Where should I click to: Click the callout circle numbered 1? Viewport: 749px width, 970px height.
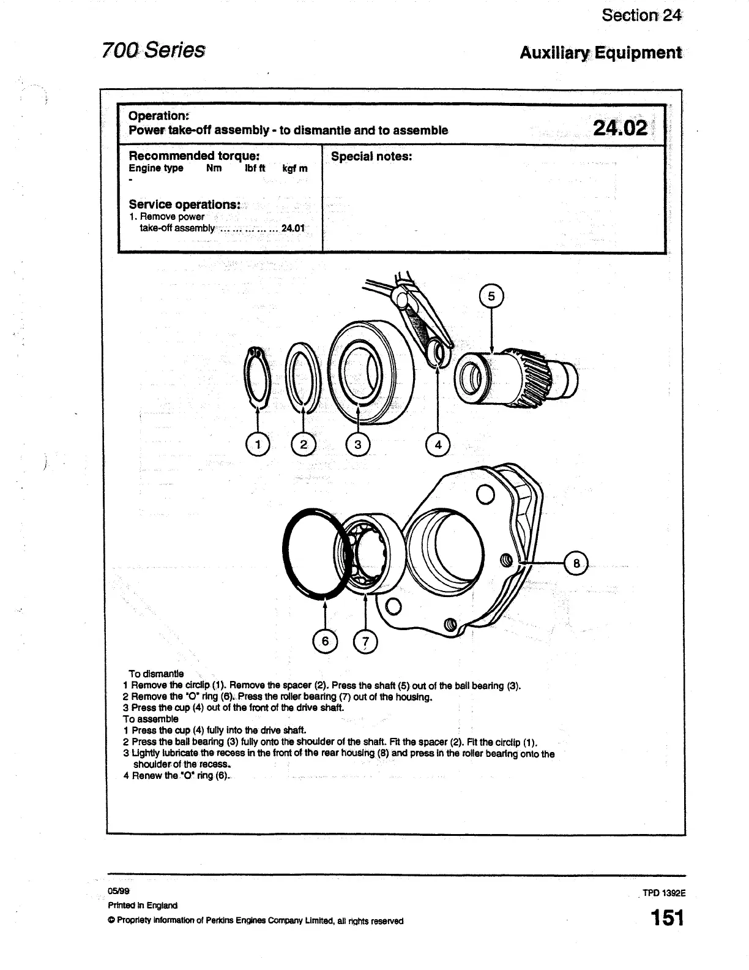[258, 444]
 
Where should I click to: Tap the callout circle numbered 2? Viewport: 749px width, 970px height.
[304, 444]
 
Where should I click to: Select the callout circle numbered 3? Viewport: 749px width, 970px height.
[358, 444]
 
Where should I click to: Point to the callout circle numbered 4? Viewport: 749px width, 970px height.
[438, 444]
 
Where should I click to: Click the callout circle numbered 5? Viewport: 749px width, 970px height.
[491, 297]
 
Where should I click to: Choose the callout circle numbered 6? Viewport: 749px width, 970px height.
[325, 641]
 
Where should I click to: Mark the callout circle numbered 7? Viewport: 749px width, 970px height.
[365, 641]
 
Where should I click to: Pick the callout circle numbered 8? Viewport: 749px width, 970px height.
[575, 562]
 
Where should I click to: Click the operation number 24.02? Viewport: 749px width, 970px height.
[619, 128]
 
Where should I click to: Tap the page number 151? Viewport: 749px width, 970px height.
[667, 918]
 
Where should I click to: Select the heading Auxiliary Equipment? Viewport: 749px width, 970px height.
[600, 53]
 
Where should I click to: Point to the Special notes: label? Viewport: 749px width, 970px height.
[371, 156]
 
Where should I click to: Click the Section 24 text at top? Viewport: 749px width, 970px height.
[641, 15]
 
